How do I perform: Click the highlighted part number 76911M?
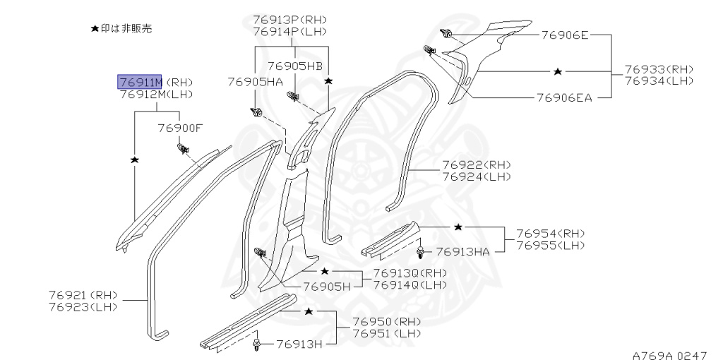pyautogui.click(x=140, y=82)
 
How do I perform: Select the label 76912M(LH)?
pyautogui.click(x=156, y=95)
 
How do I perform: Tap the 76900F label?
pyautogui.click(x=180, y=128)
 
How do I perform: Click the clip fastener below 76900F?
pyautogui.click(x=183, y=148)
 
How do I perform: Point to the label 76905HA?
pyautogui.click(x=255, y=82)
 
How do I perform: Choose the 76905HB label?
pyautogui.click(x=295, y=66)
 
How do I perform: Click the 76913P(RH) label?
pyautogui.click(x=289, y=19)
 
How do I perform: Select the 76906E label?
pyautogui.click(x=565, y=35)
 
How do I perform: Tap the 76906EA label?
pyautogui.click(x=564, y=97)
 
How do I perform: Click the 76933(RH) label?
pyautogui.click(x=659, y=70)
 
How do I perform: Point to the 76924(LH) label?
pyautogui.click(x=477, y=176)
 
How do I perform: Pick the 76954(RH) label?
pyautogui.click(x=550, y=233)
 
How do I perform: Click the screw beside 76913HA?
pyautogui.click(x=420, y=251)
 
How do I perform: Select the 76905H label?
pyautogui.click(x=327, y=287)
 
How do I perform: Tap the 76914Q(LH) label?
pyautogui.click(x=410, y=285)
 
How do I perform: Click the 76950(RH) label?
pyautogui.click(x=387, y=321)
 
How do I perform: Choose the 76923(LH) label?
pyautogui.click(x=83, y=307)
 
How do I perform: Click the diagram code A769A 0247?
pyautogui.click(x=669, y=355)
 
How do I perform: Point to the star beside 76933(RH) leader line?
pyautogui.click(x=558, y=71)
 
